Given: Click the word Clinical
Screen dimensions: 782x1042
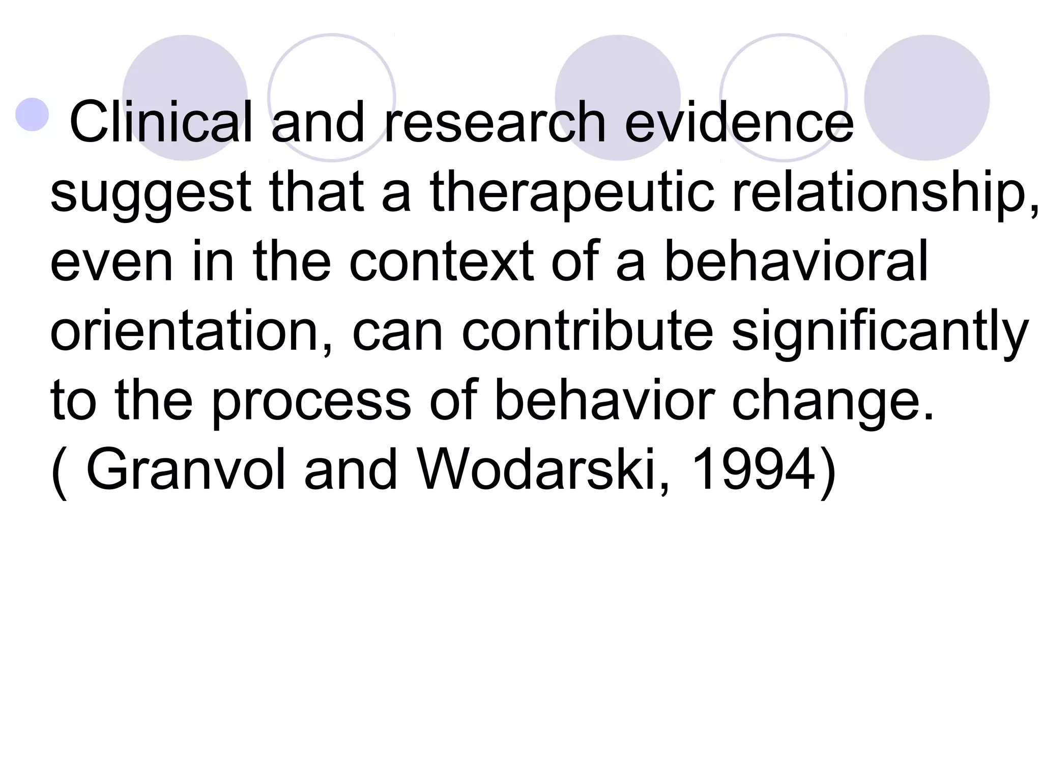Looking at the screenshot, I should tap(161, 122).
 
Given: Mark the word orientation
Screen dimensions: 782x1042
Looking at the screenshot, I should tap(191, 332).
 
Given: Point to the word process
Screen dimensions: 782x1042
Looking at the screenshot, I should tap(311, 402).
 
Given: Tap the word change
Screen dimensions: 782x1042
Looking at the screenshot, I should tap(832, 402).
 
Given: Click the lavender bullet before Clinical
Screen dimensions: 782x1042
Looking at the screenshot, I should tap(32, 114).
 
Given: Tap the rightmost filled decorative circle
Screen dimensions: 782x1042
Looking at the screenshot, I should tap(927, 98).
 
